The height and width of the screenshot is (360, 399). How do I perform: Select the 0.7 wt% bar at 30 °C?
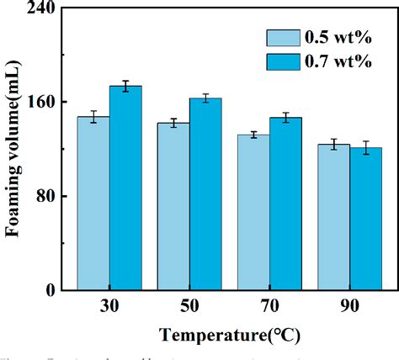click(x=125, y=188)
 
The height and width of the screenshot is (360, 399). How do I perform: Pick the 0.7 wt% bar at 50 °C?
click(x=205, y=194)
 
